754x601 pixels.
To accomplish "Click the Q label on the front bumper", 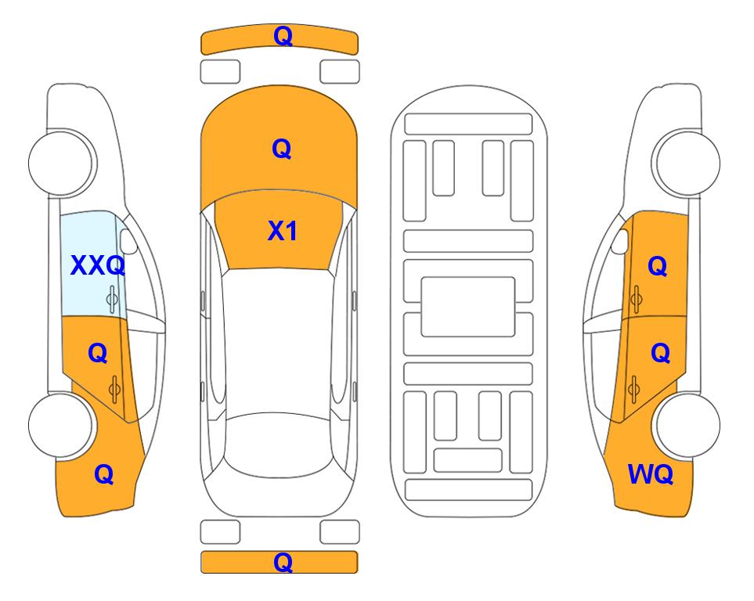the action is (283, 36).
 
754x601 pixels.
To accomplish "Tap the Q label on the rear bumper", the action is (283, 562).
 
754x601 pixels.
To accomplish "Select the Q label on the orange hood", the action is (282, 149).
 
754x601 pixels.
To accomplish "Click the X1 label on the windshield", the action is (283, 231).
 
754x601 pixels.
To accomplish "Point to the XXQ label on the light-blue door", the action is (98, 265).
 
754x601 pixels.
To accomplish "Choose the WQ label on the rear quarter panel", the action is (651, 474).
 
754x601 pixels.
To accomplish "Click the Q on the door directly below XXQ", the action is (98, 354).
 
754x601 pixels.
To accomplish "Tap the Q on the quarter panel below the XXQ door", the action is (104, 474).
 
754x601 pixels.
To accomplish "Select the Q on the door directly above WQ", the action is (660, 354).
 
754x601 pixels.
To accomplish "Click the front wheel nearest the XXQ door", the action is (61, 163).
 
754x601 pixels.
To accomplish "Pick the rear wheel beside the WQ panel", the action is (687, 425).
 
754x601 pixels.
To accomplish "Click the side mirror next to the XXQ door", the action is (128, 241).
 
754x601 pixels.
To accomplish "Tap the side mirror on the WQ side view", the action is (620, 241).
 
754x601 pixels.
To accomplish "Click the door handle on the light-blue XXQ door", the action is (112, 299).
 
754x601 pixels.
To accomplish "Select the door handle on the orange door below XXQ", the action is (114, 390).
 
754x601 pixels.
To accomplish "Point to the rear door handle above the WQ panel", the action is (633, 390).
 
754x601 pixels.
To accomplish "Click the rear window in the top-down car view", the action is (281, 444).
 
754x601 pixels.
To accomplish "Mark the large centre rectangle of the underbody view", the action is (468, 307).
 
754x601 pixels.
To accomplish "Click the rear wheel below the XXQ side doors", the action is (61, 425).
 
